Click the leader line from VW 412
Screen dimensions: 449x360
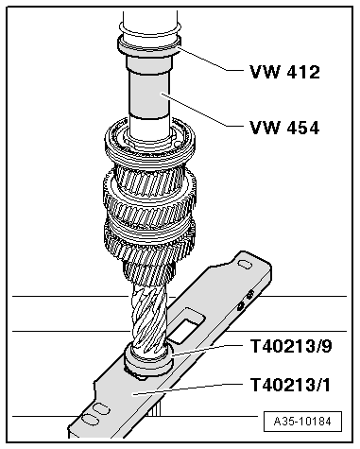(213, 63)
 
